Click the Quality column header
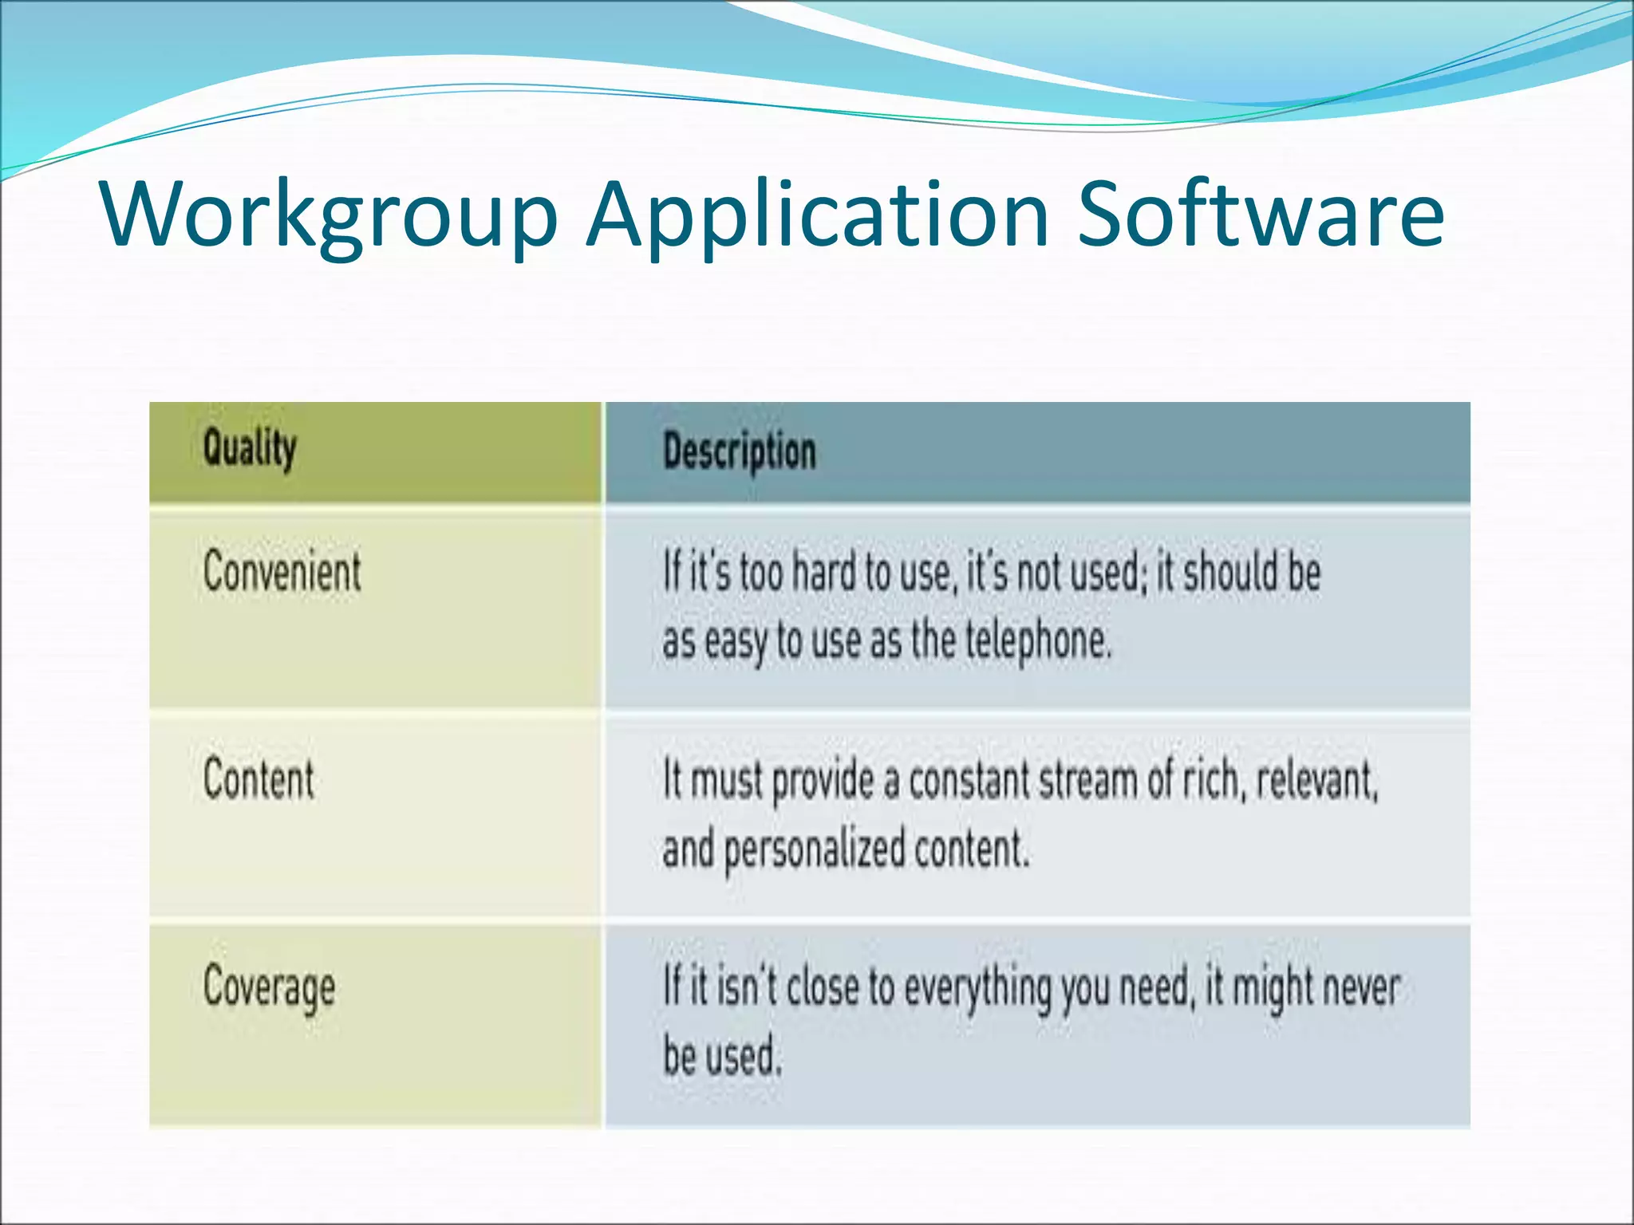250,448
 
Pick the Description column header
740,451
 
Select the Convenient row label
282,571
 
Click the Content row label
259,779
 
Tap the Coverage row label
269,987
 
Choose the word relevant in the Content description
1316,780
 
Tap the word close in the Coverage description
823,987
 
